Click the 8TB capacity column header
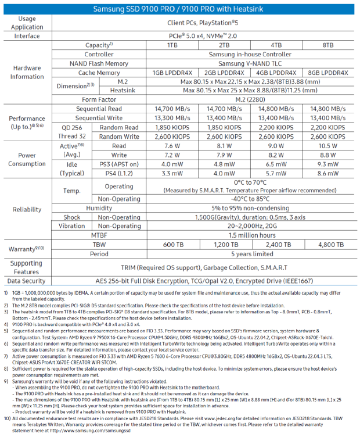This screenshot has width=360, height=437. click(327, 45)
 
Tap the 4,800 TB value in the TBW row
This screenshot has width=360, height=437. click(327, 245)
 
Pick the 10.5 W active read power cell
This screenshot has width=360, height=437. click(327, 146)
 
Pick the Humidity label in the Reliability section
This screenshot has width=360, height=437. click(99, 208)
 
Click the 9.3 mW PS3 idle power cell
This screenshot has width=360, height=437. click(327, 164)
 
